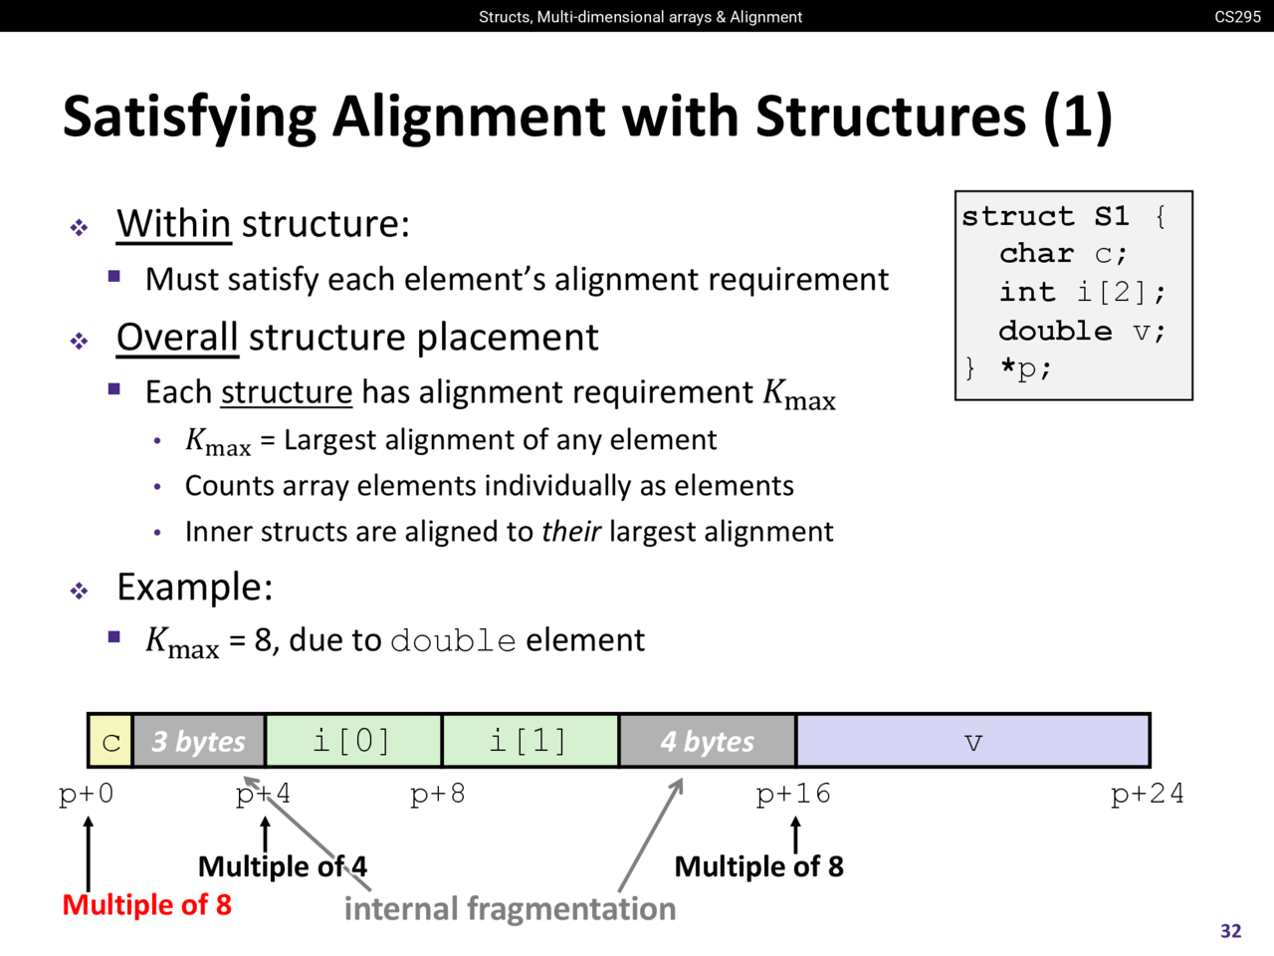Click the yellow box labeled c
click(110, 741)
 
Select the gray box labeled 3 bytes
click(199, 741)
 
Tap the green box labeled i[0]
click(352, 741)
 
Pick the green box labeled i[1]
click(530, 741)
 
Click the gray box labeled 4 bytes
click(707, 741)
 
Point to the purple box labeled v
click(973, 741)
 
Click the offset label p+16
click(792, 794)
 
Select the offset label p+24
click(1147, 794)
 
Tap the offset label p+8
click(438, 794)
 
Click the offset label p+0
click(87, 794)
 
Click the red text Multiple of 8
click(146, 904)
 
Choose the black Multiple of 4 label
click(283, 866)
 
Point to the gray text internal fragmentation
click(510, 908)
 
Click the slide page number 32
click(1230, 931)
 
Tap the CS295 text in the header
click(1237, 16)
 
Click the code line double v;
click(1081, 330)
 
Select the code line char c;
click(1063, 253)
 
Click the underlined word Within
click(173, 223)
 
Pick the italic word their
click(570, 531)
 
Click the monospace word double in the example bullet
click(453, 640)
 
